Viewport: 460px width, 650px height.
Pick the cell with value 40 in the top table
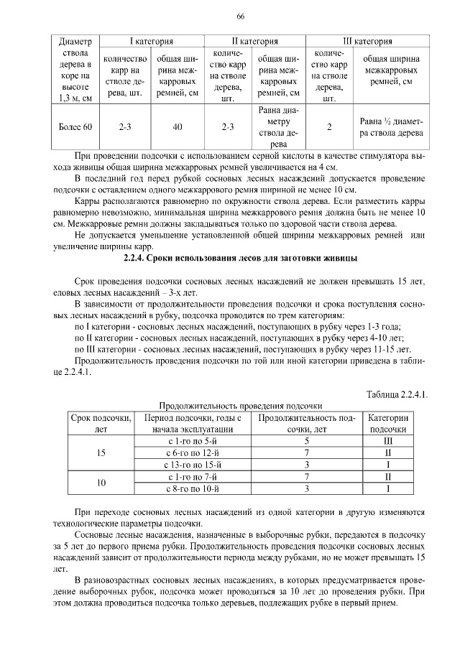[178, 128]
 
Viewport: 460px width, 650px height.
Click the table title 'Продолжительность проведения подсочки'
[240, 406]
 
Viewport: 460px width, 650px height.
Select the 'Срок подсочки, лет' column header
[101, 423]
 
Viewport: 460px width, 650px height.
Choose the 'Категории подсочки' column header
[388, 423]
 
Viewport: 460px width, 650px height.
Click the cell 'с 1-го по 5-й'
[193, 440]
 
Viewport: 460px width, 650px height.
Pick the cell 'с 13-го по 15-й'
[193, 465]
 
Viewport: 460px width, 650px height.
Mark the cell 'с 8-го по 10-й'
[193, 489]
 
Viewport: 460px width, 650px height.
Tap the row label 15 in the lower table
[101, 452]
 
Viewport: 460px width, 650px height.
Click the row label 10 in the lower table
[101, 483]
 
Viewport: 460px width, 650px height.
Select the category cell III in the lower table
[388, 440]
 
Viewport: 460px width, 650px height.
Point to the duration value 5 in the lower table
[306, 440]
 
